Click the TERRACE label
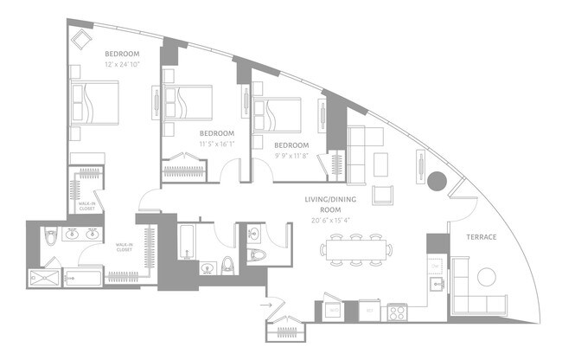pyautogui.click(x=481, y=237)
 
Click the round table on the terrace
pyautogui.click(x=488, y=277)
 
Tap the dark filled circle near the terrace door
pyautogui.click(x=437, y=182)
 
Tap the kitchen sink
pyautogui.click(x=437, y=283)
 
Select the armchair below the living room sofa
pyautogui.click(x=383, y=195)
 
